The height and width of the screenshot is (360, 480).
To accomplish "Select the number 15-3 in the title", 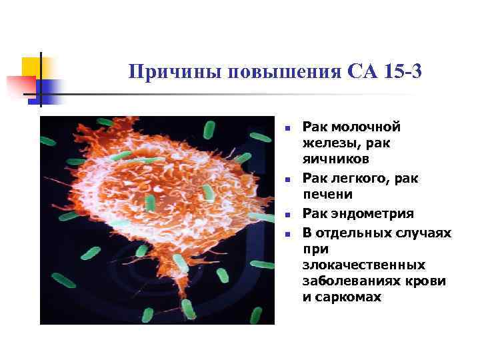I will [x=403, y=71].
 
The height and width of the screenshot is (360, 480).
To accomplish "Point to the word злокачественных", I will [x=363, y=265].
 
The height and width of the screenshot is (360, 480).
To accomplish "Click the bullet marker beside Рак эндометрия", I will [x=285, y=215].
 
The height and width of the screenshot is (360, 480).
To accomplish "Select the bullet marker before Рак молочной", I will [x=285, y=127].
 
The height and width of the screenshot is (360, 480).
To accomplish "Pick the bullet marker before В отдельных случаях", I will [x=285, y=233].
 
